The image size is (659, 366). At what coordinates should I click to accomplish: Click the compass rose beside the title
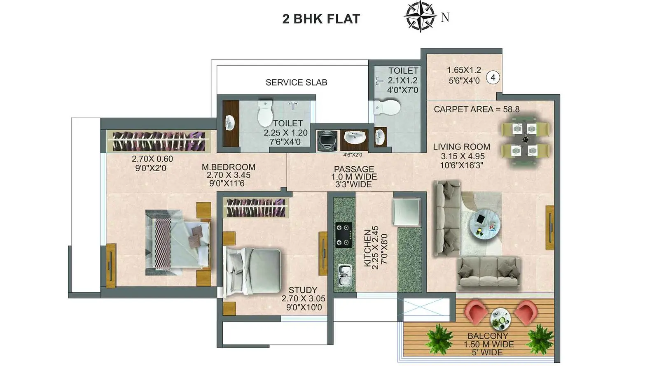420,16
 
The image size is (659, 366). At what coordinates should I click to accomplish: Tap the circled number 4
493,78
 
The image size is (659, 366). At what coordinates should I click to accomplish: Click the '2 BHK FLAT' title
321,19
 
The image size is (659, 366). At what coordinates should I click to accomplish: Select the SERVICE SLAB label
296,82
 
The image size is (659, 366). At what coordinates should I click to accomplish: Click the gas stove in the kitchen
344,235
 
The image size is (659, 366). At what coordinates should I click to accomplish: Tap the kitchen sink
344,275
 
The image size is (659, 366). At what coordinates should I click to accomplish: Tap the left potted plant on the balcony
439,339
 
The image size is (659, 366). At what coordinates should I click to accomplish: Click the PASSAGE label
354,169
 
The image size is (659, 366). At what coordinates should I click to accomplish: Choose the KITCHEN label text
367,248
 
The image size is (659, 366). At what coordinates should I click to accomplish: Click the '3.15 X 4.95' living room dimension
463,156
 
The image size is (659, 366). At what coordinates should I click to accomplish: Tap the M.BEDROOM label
229,167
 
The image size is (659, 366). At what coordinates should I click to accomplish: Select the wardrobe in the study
255,207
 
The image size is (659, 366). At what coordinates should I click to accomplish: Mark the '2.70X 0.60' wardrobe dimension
152,159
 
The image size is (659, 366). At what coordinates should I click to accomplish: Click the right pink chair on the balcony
526,312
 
